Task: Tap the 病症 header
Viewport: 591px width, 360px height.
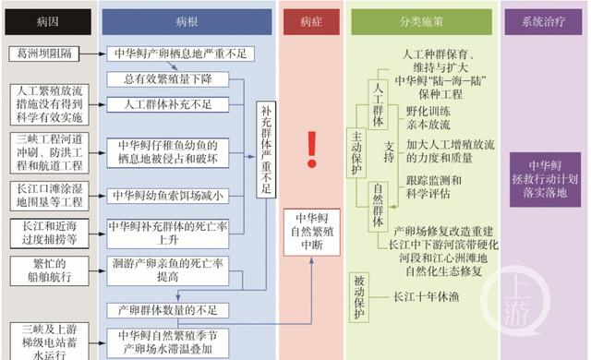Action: pos(311,20)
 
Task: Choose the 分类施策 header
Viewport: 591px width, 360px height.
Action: pos(430,20)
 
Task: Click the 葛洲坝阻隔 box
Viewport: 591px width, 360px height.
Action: pos(45,54)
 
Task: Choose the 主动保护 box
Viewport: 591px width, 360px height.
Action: pos(356,147)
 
